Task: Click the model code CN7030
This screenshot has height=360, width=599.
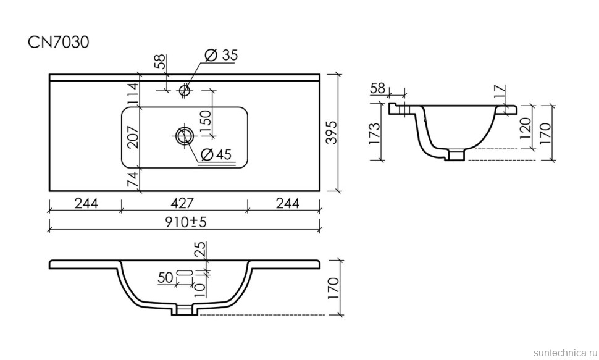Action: [59, 42]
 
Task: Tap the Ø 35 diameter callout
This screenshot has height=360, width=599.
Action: [221, 55]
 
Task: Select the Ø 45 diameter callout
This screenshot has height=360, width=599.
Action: [216, 154]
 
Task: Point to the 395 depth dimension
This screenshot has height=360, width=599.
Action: [333, 133]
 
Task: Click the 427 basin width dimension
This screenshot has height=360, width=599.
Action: [183, 203]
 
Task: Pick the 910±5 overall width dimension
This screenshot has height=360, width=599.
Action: [186, 222]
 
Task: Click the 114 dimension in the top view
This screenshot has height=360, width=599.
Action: [133, 94]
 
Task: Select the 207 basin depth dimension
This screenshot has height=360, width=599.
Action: [133, 137]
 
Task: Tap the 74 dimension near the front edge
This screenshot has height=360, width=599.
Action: [133, 180]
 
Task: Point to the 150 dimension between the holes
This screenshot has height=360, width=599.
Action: [205, 122]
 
